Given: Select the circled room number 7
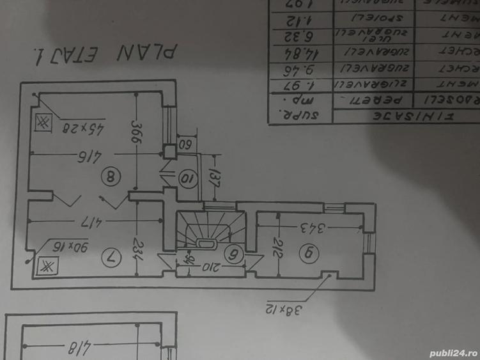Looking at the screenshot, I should tap(110, 257).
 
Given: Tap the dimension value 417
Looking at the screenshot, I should tap(89, 223).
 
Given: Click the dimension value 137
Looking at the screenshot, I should tap(214, 176).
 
